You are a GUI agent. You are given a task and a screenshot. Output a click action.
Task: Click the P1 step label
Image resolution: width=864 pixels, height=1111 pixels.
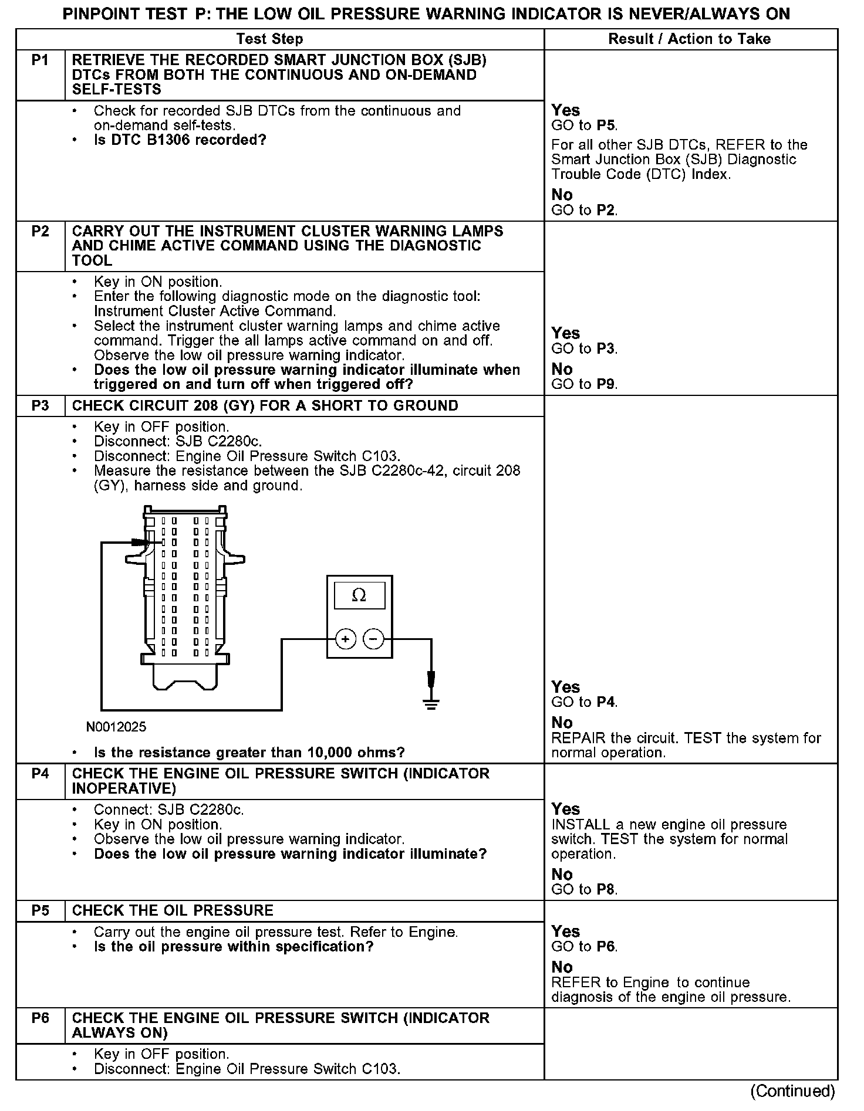tap(40, 60)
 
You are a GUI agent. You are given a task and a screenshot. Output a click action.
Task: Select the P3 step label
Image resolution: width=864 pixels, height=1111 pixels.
tap(40, 406)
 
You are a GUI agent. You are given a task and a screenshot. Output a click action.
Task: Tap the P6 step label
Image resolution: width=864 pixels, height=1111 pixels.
tap(40, 1018)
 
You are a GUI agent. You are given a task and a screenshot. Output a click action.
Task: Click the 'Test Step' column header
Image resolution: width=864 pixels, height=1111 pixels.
tap(269, 39)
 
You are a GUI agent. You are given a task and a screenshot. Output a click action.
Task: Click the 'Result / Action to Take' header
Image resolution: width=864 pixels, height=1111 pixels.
tap(689, 39)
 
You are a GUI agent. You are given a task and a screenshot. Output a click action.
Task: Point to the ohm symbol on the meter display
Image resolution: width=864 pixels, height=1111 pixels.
tap(359, 596)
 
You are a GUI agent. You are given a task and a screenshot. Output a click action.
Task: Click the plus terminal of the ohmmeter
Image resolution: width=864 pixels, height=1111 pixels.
tap(346, 639)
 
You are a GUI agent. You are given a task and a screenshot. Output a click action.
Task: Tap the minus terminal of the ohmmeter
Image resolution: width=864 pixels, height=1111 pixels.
tap(374, 639)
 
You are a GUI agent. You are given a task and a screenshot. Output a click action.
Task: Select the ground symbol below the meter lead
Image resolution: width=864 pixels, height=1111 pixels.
tap(431, 704)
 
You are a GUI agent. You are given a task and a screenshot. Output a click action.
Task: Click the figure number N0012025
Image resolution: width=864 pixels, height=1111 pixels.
tap(116, 727)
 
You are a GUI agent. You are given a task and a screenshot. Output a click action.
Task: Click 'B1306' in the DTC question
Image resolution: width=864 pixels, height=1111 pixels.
tap(173, 141)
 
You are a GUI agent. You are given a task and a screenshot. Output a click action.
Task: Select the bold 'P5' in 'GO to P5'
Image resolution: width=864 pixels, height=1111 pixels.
tap(606, 126)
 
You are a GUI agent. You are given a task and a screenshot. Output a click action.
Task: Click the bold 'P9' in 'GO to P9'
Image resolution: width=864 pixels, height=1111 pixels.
tap(606, 385)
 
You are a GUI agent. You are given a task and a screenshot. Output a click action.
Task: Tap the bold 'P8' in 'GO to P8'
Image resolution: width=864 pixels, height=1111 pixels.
tap(606, 889)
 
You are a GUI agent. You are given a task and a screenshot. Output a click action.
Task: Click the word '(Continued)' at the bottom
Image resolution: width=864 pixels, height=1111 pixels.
tap(792, 1090)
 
